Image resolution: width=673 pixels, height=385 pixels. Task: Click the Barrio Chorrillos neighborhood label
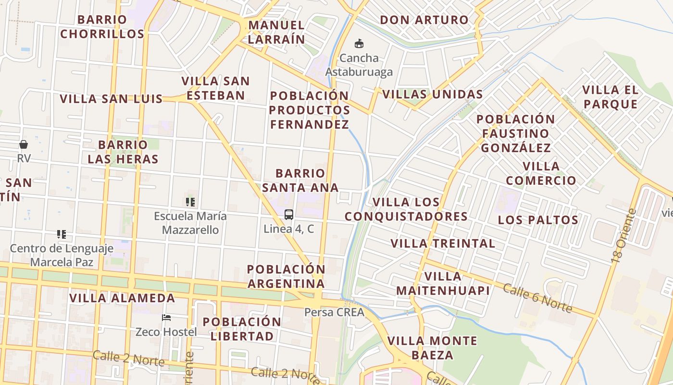point(102,27)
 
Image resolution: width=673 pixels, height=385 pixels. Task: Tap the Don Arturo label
point(424,20)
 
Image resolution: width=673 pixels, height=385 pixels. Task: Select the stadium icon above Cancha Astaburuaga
point(359,44)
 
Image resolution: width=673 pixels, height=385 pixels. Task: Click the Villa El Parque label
point(610,97)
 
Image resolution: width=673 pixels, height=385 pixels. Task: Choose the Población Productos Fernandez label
point(309,110)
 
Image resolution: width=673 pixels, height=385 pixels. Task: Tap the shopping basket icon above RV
point(23,144)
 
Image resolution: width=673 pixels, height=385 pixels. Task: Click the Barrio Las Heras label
point(123,152)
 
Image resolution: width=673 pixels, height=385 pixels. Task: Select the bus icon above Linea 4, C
point(288,215)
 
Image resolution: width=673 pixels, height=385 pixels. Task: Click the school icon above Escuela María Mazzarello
point(190,202)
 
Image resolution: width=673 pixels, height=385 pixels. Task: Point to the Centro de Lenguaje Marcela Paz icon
point(61,234)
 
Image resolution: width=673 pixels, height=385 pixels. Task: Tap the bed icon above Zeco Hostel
point(166,318)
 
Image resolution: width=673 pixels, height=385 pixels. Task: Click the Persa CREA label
point(334,312)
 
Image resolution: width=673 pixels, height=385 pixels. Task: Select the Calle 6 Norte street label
point(537,297)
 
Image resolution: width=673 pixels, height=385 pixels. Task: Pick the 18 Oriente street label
point(623,236)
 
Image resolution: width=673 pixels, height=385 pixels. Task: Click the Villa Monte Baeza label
point(432,348)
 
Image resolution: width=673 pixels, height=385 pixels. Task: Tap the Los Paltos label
point(538,220)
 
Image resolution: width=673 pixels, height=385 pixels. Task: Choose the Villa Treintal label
point(443,244)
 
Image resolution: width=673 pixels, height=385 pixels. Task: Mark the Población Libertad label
point(242,329)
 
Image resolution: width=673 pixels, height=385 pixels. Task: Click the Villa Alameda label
point(122,298)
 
